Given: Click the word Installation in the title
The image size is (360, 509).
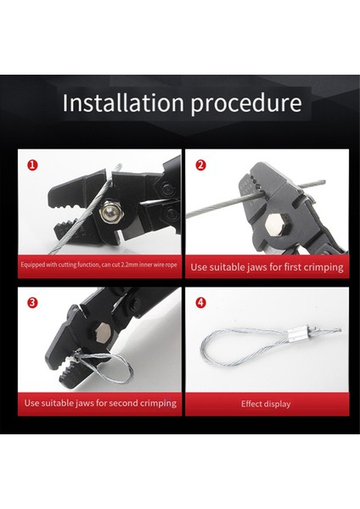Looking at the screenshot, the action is click(123, 103).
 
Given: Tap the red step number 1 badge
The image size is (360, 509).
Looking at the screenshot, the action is click(32, 165).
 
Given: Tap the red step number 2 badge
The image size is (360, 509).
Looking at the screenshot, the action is click(200, 165).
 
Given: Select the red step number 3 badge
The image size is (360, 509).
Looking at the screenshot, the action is click(32, 303).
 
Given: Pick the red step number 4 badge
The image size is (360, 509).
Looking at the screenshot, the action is click(200, 303).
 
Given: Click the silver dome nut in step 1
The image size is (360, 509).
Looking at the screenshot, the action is click(109, 211).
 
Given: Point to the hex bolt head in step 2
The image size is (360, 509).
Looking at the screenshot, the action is click(276, 226).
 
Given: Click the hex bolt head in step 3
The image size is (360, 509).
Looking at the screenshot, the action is click(102, 332).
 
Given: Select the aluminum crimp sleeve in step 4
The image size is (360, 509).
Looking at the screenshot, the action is click(296, 333).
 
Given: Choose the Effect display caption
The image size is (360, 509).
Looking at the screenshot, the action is click(266, 404).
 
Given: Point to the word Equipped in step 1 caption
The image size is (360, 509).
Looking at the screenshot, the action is click(33, 265).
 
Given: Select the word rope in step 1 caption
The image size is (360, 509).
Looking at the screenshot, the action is click(172, 266).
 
